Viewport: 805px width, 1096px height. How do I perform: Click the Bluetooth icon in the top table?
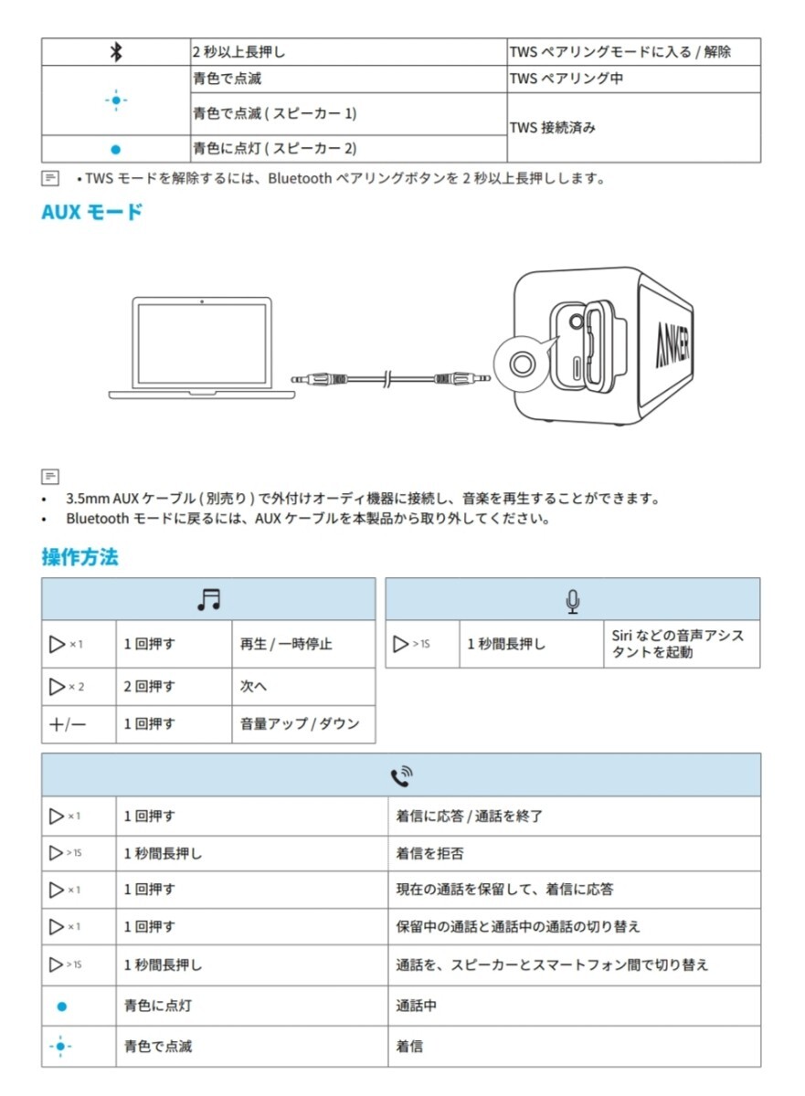point(115,52)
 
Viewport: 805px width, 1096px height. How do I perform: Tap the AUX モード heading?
point(92,212)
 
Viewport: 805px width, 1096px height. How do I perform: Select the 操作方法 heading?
point(79,556)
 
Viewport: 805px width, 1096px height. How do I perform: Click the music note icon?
point(209,599)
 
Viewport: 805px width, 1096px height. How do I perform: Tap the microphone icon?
point(573,600)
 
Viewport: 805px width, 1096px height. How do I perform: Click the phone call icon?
point(401,776)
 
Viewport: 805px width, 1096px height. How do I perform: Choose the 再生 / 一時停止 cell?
point(286,644)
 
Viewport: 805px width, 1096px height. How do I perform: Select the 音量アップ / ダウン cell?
point(300,724)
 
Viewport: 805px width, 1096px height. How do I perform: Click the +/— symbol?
point(69,724)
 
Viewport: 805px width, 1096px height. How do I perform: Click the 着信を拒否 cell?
point(429,853)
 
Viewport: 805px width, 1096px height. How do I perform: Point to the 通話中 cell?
point(417,1006)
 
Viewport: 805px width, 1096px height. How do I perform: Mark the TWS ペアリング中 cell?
point(567,79)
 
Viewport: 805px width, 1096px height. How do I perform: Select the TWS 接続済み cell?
point(553,128)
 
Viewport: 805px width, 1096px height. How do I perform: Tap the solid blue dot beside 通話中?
point(62,1006)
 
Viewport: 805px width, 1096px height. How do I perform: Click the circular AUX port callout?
point(524,364)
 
